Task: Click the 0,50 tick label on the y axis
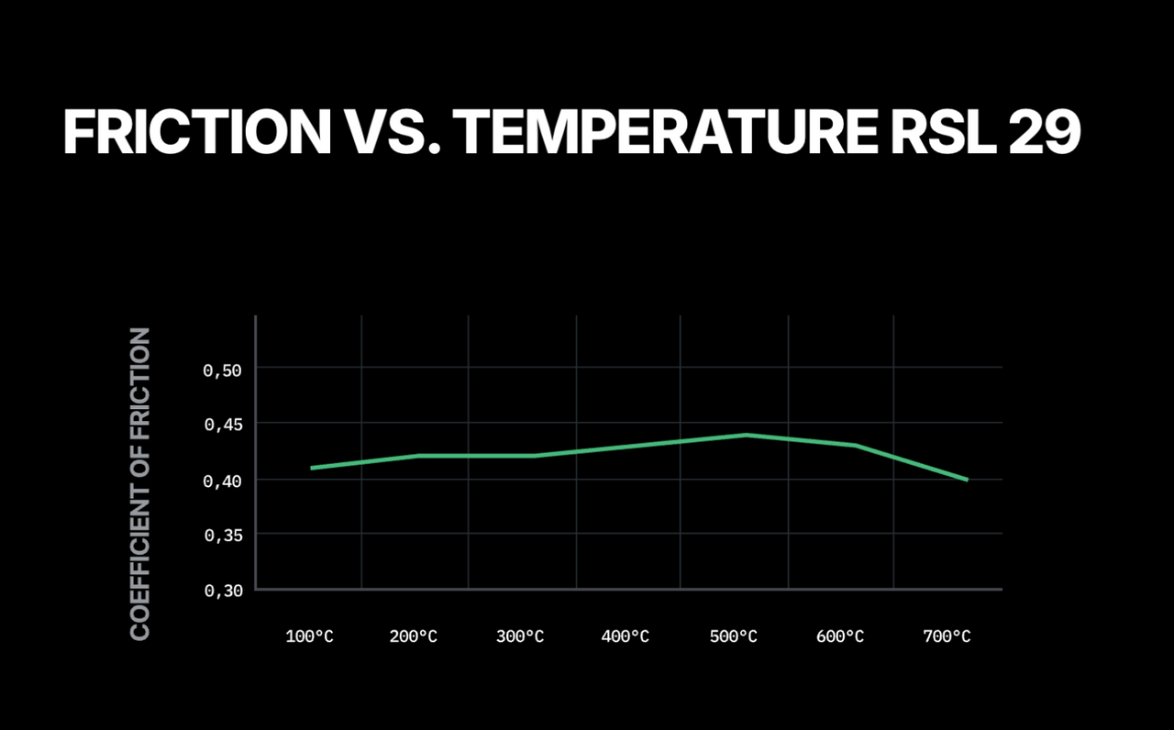coord(222,371)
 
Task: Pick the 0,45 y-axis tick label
coord(222,426)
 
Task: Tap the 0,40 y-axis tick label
coord(222,481)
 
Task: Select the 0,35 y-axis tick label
coord(222,536)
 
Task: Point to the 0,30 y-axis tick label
coord(222,591)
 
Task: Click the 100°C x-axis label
coord(310,636)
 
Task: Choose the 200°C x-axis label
coord(415,636)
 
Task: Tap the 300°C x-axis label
coord(521,636)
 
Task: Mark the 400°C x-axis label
coord(626,636)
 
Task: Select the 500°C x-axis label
coord(734,636)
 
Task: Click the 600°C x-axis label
coord(840,636)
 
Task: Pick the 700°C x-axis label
coord(947,636)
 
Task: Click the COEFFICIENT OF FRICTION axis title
coord(140,484)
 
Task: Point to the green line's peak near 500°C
coord(748,435)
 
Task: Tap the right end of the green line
coord(966,479)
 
